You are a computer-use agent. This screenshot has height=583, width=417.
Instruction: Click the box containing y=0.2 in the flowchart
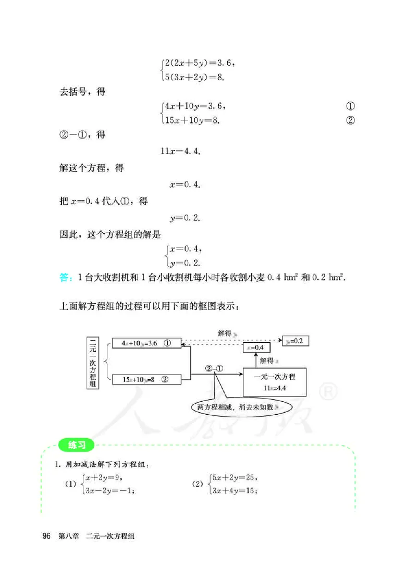tap(296, 341)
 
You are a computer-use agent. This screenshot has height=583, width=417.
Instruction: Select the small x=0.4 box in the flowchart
tap(255, 348)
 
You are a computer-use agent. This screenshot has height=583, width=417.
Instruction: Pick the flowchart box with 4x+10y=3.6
tap(146, 343)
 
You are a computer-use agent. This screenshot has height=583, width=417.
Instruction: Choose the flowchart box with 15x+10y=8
tap(146, 380)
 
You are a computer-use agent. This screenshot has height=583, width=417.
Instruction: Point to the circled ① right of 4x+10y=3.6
tap(350, 106)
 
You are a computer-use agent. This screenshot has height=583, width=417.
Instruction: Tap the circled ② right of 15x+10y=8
tap(350, 121)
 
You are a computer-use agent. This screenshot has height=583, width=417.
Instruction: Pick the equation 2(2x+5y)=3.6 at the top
tap(199, 63)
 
